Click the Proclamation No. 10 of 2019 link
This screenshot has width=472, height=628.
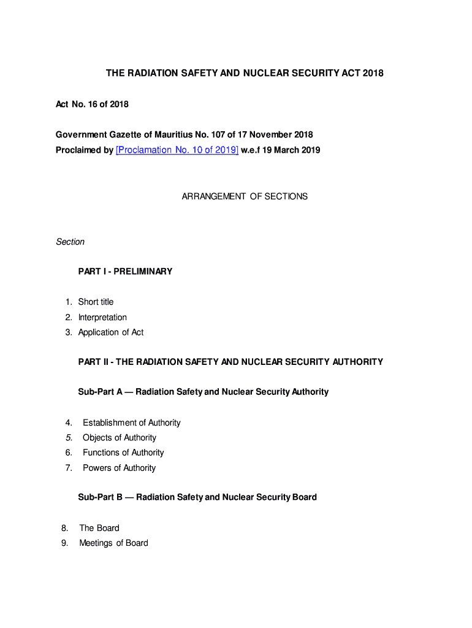(177, 150)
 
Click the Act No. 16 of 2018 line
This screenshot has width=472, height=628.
(92, 104)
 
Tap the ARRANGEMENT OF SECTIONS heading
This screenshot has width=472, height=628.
(245, 197)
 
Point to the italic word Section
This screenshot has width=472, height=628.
(70, 242)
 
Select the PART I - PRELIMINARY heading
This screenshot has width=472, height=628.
(125, 271)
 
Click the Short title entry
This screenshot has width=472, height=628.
(96, 302)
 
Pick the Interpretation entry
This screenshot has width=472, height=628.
(102, 317)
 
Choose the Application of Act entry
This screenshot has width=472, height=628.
(111, 332)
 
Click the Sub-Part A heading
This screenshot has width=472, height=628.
(203, 391)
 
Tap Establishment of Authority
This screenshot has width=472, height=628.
(132, 423)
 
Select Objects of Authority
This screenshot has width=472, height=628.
(120, 437)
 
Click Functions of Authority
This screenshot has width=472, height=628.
(123, 453)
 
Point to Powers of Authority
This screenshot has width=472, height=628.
(120, 468)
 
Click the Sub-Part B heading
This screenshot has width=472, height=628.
(197, 497)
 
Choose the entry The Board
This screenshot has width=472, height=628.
(99, 528)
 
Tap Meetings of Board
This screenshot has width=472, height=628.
(113, 543)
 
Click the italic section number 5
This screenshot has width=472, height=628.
(69, 437)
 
